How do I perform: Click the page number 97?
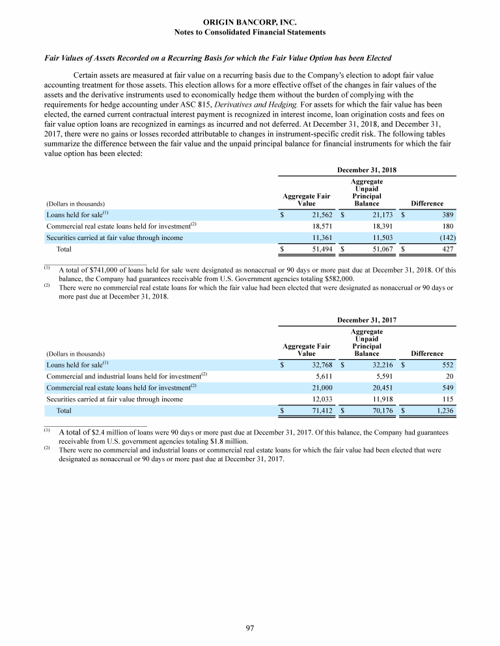(249, 628)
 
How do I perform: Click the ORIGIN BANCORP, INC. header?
(250, 22)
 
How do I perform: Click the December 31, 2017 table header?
(367, 320)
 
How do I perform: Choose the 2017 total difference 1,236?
(442, 411)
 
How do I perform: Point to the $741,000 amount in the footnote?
(100, 269)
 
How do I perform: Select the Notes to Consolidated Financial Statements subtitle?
(250, 32)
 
